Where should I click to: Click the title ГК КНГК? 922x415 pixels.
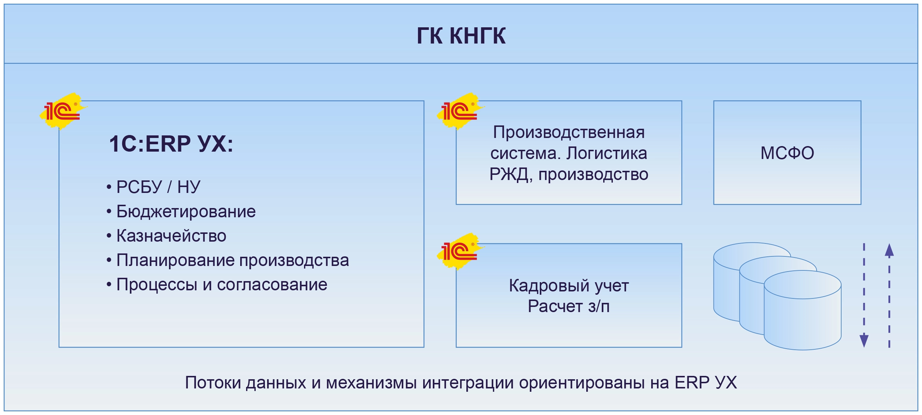461,36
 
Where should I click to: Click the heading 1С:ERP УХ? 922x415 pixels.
171,144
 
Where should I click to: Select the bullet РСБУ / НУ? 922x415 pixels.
158,187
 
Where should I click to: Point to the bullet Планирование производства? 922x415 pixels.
232,260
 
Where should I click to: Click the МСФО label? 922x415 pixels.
787,153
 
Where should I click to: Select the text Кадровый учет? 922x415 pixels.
569,286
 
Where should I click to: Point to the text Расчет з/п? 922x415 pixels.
569,306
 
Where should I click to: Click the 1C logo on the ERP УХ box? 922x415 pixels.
63,111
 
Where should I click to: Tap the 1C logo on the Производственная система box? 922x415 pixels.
460,111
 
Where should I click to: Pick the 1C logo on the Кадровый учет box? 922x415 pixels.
460,251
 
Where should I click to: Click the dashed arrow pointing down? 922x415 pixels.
864,295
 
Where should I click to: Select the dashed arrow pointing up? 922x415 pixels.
889,295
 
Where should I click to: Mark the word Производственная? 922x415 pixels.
569,132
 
